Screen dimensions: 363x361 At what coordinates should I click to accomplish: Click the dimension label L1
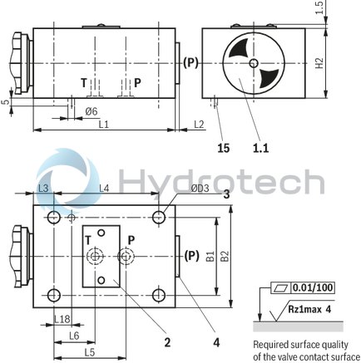point(103,124)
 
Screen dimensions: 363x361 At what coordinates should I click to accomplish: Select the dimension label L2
point(198,124)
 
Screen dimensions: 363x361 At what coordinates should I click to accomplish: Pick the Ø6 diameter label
point(91,110)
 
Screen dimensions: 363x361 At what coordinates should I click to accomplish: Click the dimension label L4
point(105,189)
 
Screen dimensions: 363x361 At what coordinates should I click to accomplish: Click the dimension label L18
point(61,319)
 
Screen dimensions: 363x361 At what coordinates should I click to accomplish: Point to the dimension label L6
point(73,335)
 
